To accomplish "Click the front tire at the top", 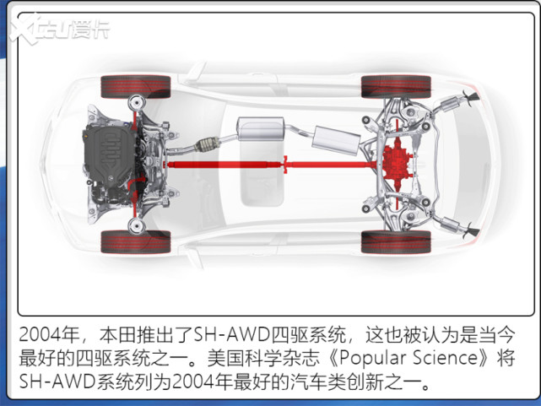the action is (x=136, y=87).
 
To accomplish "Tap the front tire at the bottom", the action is (x=136, y=241).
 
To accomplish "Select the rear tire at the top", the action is (x=396, y=87).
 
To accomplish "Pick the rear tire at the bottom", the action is (x=396, y=241).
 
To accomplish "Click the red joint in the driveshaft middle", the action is (x=285, y=165).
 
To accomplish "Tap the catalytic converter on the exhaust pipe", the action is (x=207, y=143).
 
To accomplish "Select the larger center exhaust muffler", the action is (x=260, y=129).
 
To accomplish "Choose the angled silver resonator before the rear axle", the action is (x=336, y=140).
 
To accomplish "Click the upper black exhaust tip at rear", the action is (x=471, y=96).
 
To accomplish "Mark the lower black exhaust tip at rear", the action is (x=471, y=230).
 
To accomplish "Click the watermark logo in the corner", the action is (x=58, y=30).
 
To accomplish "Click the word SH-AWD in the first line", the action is (x=231, y=334).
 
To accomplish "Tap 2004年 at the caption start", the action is (x=49, y=334).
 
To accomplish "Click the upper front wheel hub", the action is (x=137, y=102).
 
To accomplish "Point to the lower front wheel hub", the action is (x=137, y=225).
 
